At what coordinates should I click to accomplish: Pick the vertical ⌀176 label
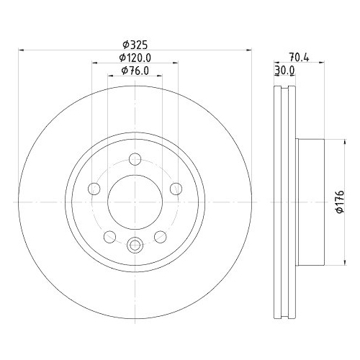click(340, 202)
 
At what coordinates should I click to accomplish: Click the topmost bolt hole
click(135, 160)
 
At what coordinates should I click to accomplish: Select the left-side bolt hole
click(93, 189)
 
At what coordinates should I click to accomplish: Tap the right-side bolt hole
click(176, 189)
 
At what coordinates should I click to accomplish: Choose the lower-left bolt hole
click(109, 236)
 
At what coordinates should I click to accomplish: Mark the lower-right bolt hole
click(161, 236)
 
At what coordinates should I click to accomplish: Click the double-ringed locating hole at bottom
click(135, 245)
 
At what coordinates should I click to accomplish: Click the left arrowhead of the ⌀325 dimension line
click(19, 50)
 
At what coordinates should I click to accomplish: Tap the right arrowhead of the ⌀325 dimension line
click(250, 50)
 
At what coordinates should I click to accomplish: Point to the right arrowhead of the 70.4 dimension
click(324, 63)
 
